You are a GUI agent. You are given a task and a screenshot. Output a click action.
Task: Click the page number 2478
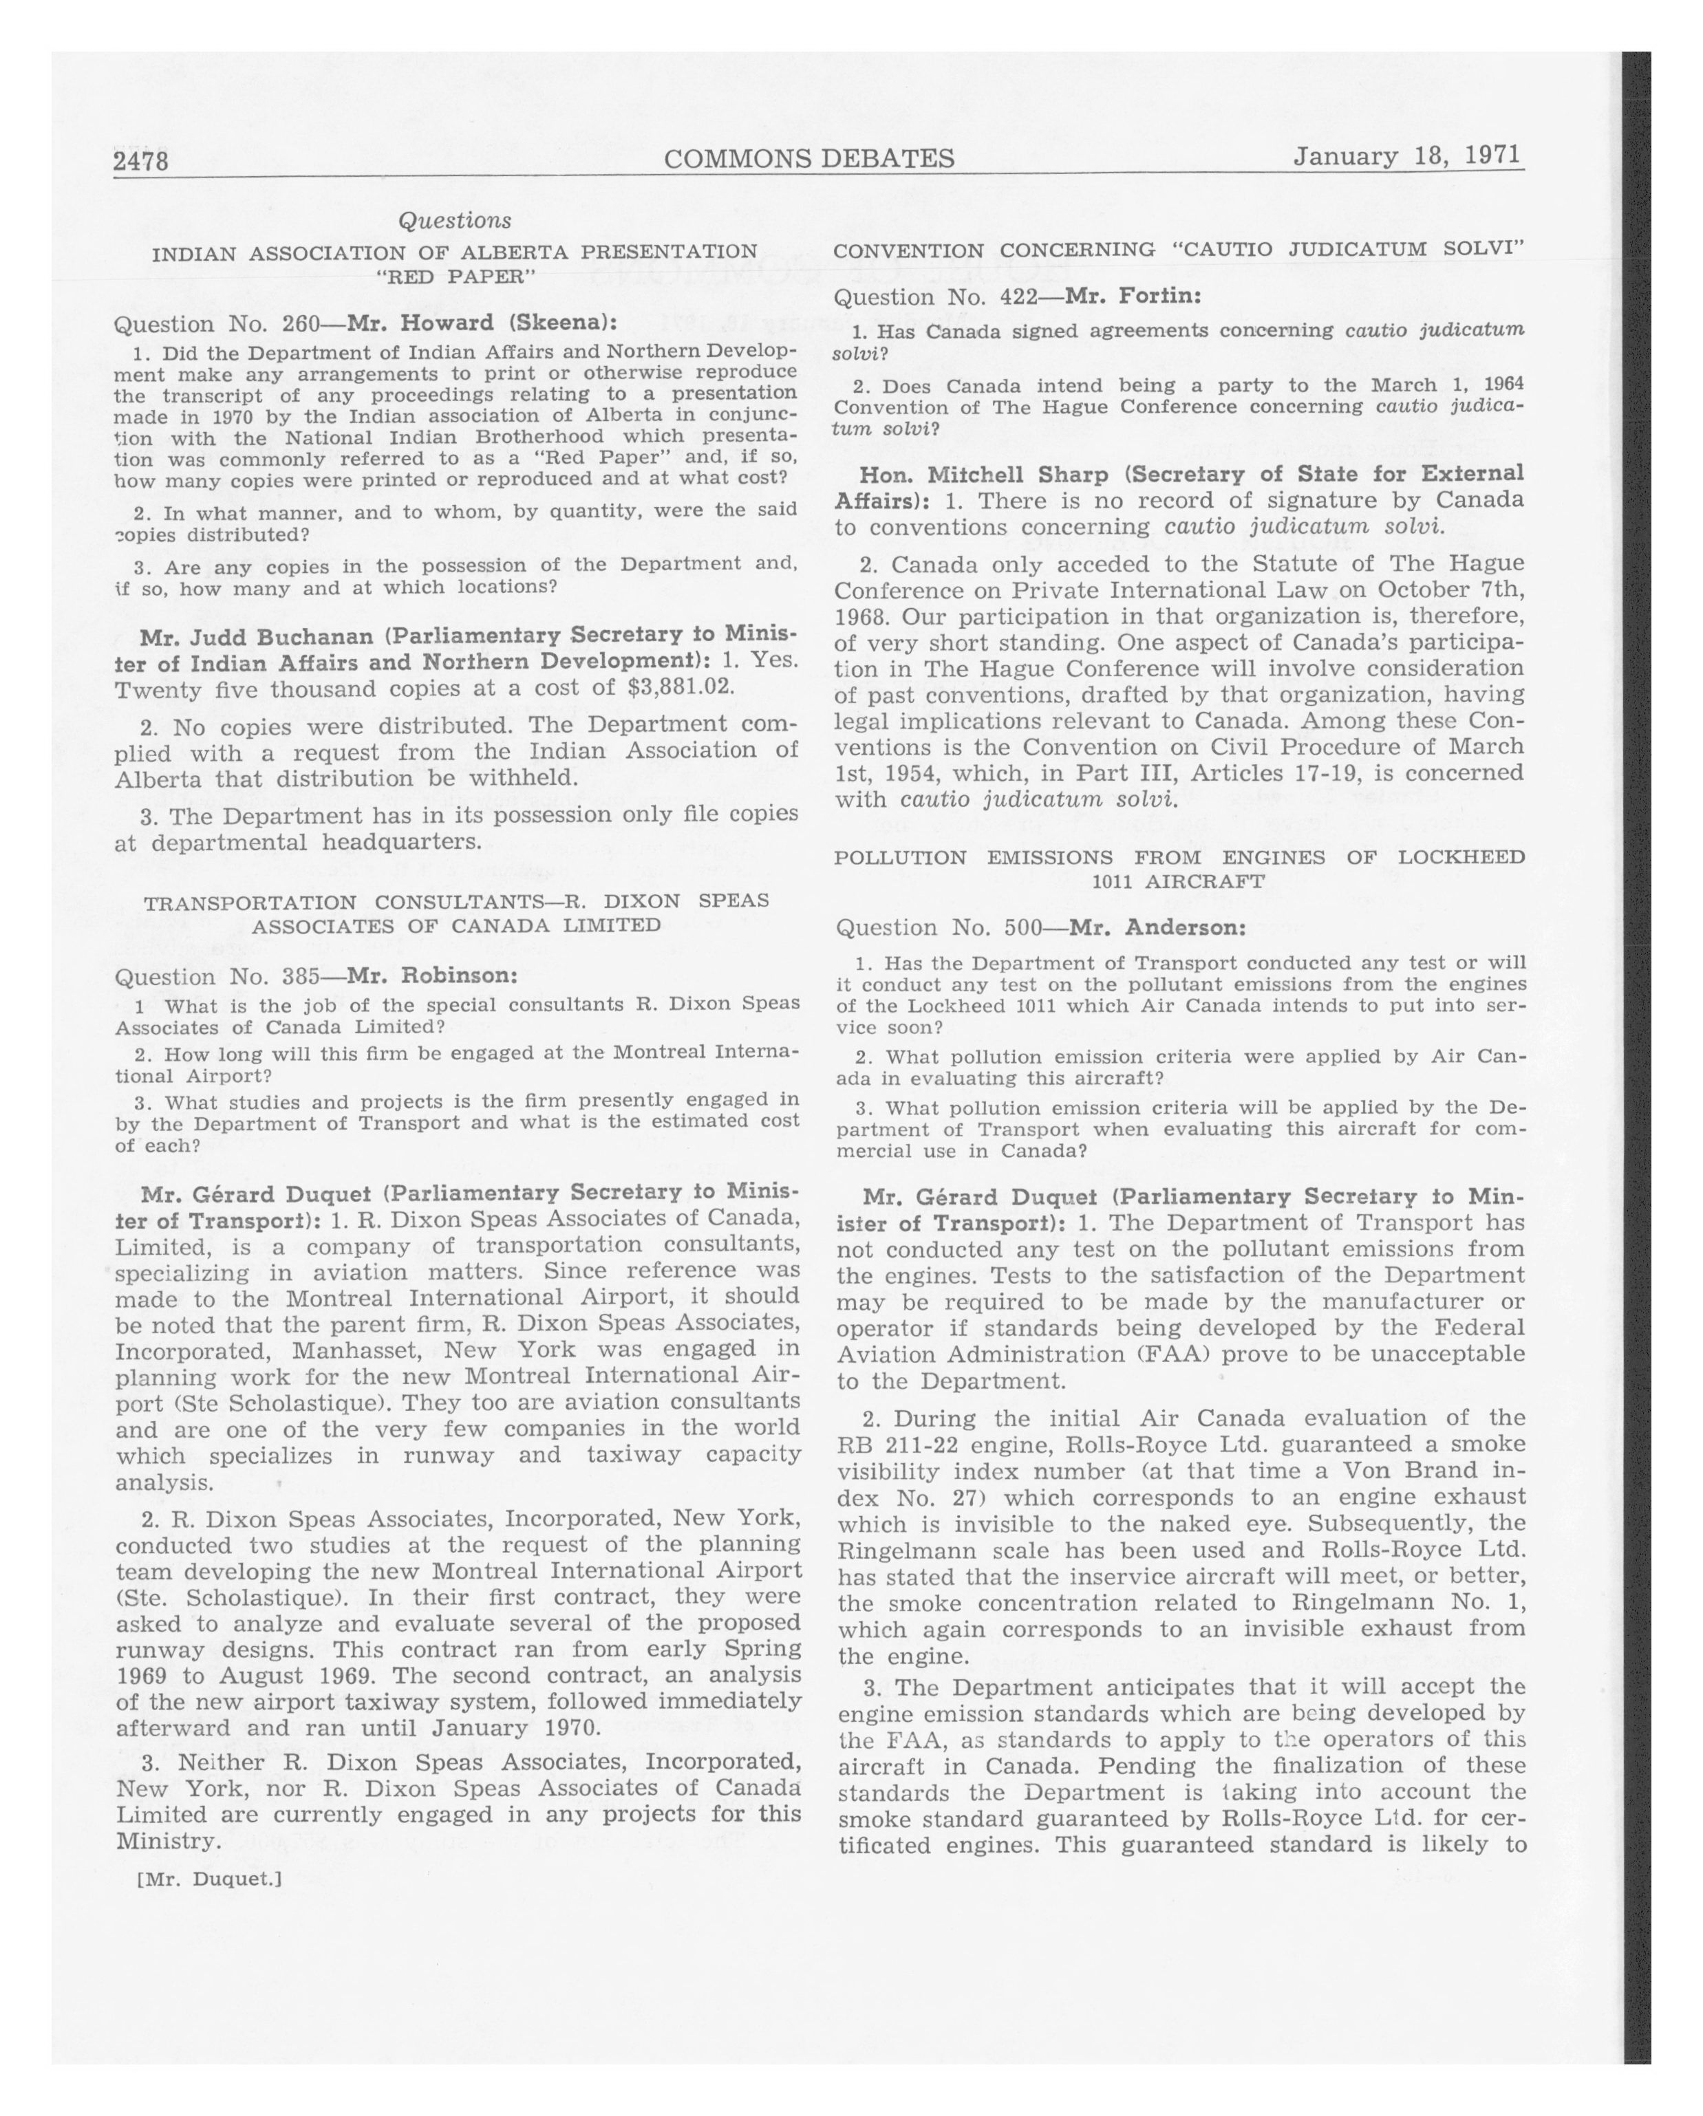141,161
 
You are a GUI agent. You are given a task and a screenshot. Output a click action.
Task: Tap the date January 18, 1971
1406,156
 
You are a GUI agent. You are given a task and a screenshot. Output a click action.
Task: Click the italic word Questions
454,221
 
